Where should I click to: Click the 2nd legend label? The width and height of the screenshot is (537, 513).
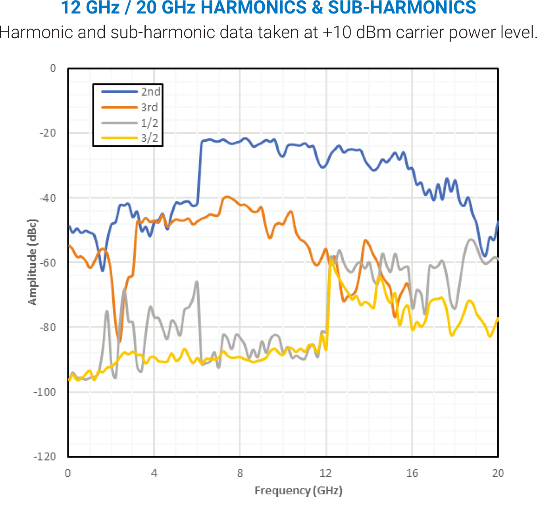point(150,92)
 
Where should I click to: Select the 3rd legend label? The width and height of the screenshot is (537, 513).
point(149,107)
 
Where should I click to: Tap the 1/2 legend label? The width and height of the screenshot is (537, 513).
point(150,123)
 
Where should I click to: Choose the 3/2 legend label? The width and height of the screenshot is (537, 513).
point(150,138)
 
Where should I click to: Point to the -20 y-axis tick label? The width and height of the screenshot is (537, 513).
point(48,133)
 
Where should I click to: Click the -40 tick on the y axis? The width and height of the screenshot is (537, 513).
point(48,198)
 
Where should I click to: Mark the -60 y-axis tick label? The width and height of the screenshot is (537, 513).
point(48,262)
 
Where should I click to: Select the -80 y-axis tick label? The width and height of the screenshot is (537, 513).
point(48,327)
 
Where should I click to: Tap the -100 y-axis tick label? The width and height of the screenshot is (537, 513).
point(45,392)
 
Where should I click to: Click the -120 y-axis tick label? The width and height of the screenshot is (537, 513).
point(45,457)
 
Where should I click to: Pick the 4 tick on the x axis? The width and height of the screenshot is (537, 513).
point(154,473)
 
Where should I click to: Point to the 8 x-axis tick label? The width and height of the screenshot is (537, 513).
point(240,473)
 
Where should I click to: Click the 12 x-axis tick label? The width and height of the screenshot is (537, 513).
point(326,473)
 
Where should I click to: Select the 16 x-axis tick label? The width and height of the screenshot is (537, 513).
point(412,473)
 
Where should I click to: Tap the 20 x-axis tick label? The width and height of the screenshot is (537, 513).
point(498,473)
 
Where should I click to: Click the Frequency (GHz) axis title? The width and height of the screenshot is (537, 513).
point(298,491)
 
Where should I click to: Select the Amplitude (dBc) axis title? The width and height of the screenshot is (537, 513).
point(32,262)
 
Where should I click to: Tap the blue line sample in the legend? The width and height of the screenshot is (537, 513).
point(119,92)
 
